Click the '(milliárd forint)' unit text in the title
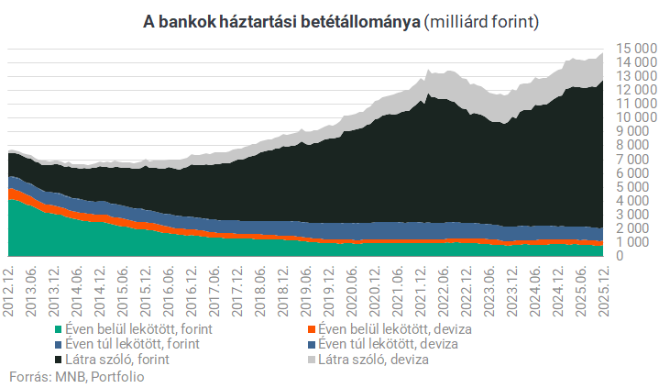point(480,20)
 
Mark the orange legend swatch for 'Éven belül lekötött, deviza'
point(312,329)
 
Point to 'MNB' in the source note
point(65,375)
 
